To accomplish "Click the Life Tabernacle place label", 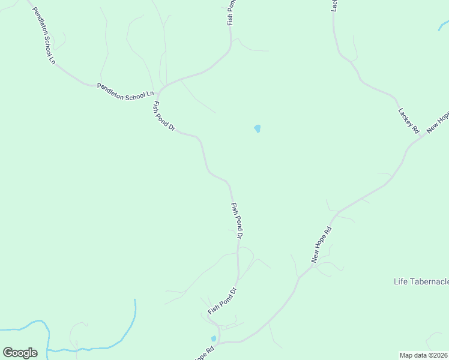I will tap(421, 281).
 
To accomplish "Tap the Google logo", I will tap(20, 353).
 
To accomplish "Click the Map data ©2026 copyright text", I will tap(424, 355).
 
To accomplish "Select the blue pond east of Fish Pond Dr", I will tap(258, 128).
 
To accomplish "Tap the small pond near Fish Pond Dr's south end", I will tap(214, 338).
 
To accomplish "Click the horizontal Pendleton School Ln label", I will tap(126, 92).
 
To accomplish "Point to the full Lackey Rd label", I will tap(408, 121).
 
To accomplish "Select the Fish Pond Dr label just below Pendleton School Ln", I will tap(163, 116).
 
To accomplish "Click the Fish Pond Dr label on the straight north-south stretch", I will tap(237, 221).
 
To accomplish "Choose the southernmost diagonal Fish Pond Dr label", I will tap(223, 301).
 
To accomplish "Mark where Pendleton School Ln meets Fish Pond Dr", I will tap(158, 90).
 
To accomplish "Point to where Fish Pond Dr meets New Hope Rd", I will tap(218, 342).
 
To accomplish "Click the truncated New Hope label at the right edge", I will tap(438, 122).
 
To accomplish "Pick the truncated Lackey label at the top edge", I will tap(334, 5).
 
